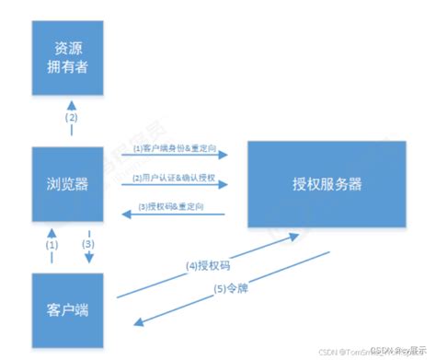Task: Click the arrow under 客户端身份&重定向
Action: [x=175, y=157]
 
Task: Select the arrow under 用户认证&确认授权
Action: [x=175, y=186]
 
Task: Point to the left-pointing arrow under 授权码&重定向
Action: [x=175, y=215]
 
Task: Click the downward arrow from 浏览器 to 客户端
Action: [x=88, y=256]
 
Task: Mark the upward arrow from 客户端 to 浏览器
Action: [x=53, y=256]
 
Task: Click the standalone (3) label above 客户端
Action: [x=89, y=245]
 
